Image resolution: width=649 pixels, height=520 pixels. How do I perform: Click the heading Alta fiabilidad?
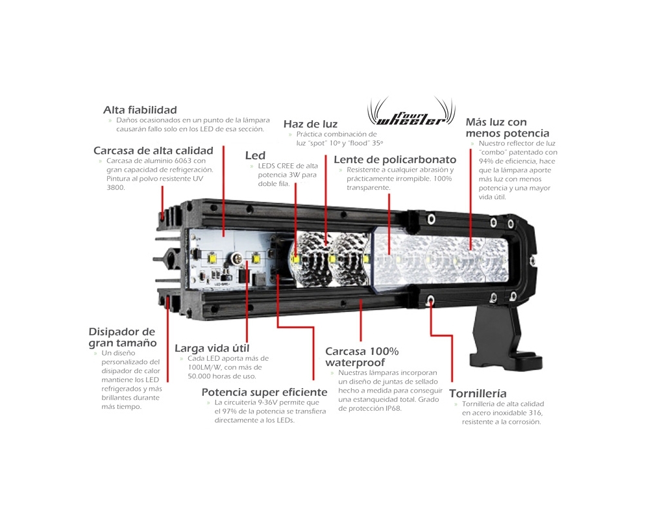140,110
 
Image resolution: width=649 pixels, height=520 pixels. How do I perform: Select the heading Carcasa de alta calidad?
153,151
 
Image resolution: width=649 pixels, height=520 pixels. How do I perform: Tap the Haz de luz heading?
310,124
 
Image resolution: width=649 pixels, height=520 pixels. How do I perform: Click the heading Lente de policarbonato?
395,160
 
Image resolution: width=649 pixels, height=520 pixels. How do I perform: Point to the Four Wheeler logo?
411,112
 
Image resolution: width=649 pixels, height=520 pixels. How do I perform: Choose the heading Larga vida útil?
212,348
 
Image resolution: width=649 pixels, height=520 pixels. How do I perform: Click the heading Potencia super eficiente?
265,393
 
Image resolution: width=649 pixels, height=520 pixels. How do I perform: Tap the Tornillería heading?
478,393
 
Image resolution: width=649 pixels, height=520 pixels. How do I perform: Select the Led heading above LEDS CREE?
255,155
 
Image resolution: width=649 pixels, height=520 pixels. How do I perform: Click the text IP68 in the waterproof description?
393,408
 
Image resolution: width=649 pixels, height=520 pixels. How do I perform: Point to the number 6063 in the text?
184,161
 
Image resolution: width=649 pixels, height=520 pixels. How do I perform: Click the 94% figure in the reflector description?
486,161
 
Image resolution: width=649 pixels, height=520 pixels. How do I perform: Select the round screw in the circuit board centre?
236,258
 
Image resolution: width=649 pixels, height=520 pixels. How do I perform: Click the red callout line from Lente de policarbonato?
389,224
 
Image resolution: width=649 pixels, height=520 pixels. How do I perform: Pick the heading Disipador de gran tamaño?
123,337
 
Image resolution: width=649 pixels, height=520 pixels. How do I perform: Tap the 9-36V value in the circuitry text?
267,402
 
